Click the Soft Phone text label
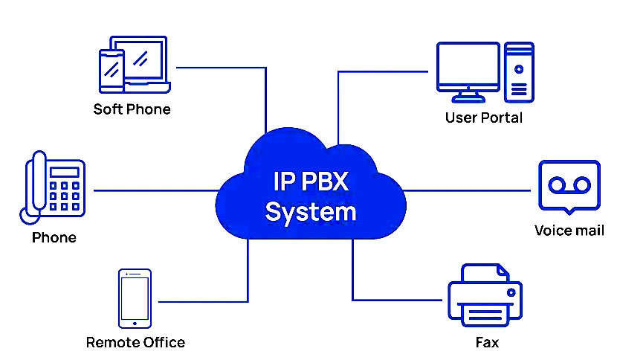click(x=132, y=109)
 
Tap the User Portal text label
click(x=483, y=118)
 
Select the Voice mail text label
click(x=569, y=230)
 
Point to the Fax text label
click(x=487, y=342)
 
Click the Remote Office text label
click(x=135, y=342)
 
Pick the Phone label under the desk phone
click(x=54, y=238)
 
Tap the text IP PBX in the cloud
click(x=311, y=181)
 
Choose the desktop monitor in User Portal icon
click(x=468, y=68)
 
